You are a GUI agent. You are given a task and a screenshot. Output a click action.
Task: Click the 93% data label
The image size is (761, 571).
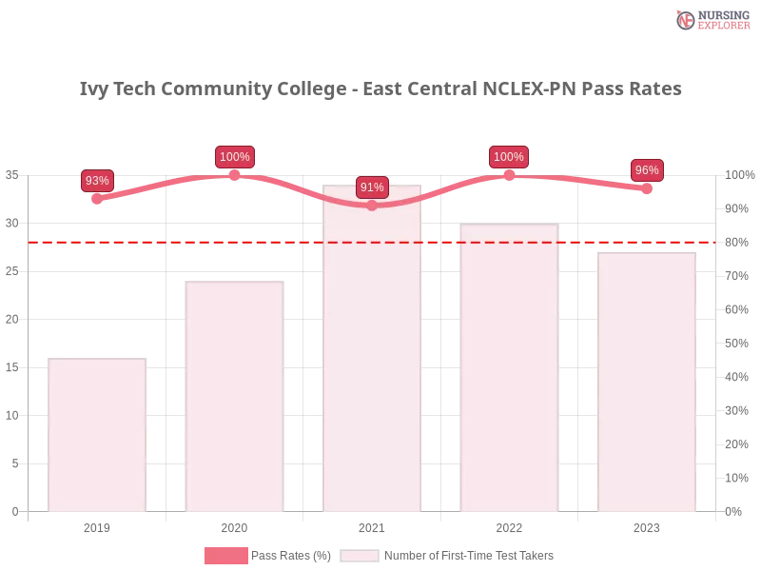coord(97,181)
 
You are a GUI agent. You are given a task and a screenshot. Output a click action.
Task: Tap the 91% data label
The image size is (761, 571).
coord(372,187)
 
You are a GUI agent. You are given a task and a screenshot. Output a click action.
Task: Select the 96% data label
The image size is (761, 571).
coord(647,170)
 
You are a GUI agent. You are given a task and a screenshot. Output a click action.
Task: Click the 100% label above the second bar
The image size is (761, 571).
coord(234,157)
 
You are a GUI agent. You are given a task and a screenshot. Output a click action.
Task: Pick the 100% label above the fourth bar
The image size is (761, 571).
coord(509,157)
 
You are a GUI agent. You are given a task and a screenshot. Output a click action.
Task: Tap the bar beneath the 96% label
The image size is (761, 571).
coord(647,381)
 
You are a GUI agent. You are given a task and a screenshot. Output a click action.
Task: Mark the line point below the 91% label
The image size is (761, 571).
coord(372,206)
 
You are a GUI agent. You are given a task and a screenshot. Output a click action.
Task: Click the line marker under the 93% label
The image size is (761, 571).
coord(97,199)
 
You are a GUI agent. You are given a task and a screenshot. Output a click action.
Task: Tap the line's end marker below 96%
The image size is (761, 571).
coord(647,188)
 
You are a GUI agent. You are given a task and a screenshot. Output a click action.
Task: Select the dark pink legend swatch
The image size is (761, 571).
coord(224,556)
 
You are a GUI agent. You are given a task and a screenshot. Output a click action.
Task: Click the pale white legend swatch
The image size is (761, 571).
coord(360,556)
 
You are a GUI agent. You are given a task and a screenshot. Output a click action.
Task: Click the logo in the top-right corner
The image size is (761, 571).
coord(711,19)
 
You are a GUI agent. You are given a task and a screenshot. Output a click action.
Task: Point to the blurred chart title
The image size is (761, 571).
coord(380,89)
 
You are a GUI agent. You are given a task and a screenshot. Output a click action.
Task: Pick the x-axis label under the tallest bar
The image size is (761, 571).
coord(372,525)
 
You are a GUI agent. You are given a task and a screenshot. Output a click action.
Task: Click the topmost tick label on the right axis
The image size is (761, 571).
coord(737,175)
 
